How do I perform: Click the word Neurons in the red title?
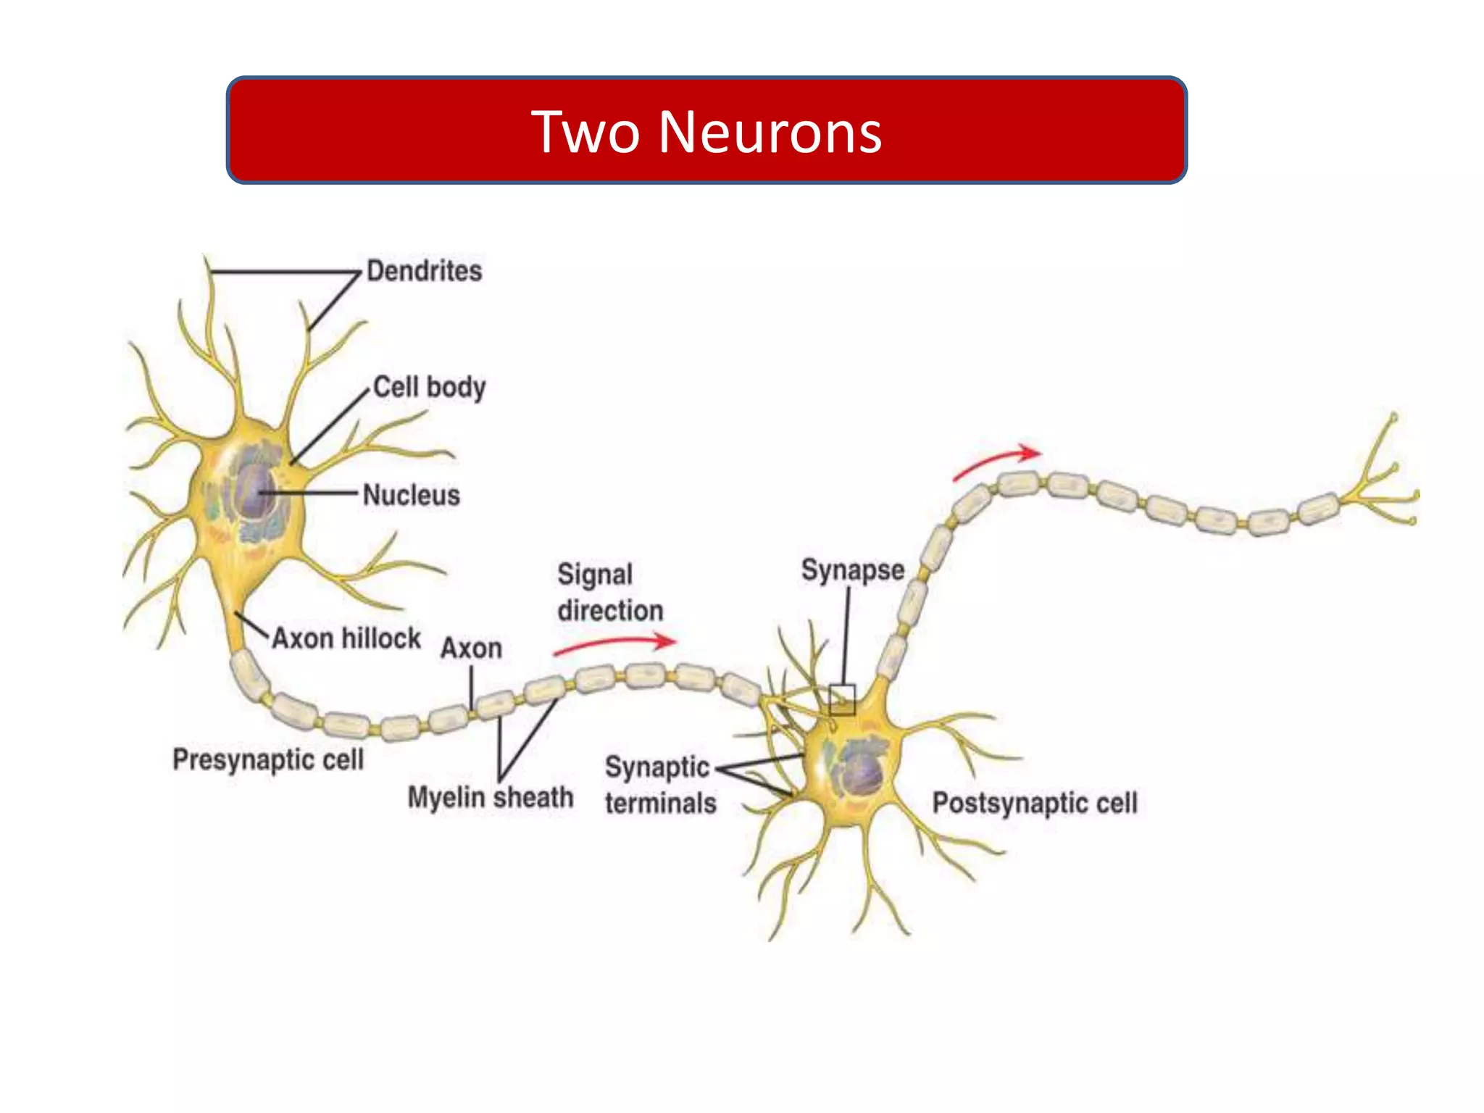coord(770,132)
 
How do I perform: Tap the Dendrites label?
coord(424,271)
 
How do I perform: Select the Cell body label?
coord(429,387)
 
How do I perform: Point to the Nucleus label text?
coord(411,495)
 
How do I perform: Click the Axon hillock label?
coord(346,638)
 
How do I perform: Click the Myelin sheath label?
coord(491,797)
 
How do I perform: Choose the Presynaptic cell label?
coord(268,759)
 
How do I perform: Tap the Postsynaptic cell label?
coord(1035,803)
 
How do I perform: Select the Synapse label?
coord(853,570)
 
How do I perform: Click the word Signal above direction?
coord(595,575)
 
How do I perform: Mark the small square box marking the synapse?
coord(842,699)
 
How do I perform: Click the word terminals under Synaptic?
coord(660,804)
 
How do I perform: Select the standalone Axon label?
coord(471,648)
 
